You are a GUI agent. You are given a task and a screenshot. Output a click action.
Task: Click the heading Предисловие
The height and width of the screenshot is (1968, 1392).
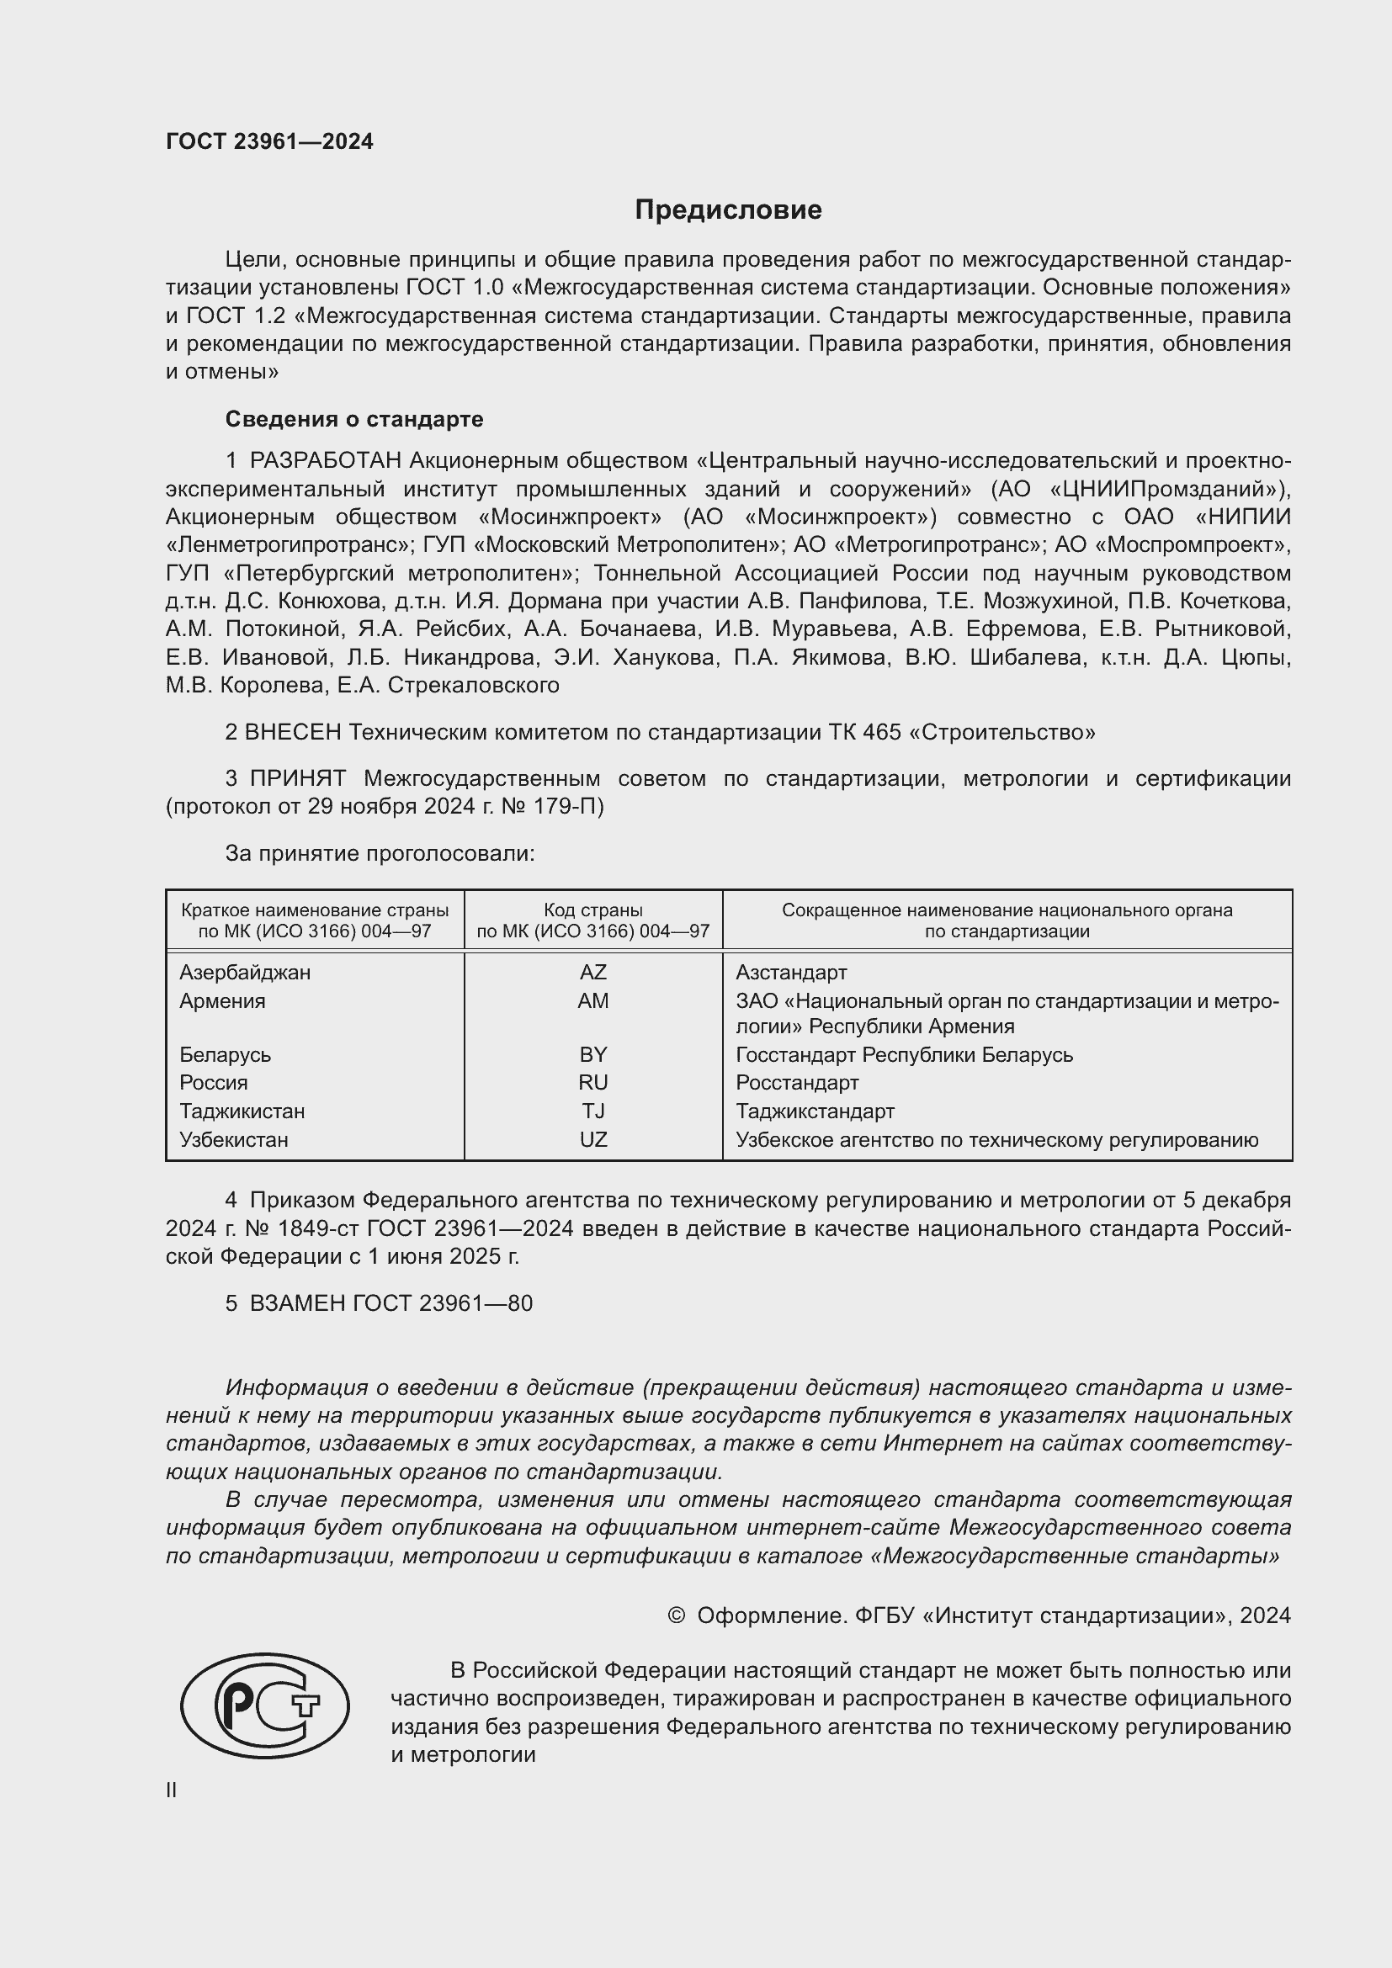tap(728, 210)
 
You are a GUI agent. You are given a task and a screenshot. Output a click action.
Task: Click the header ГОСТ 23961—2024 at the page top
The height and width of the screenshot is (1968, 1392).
tap(269, 141)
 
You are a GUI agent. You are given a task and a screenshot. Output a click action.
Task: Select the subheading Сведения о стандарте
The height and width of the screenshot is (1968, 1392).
tap(354, 419)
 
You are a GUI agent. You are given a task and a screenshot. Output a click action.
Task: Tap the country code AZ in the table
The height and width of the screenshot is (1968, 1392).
tap(593, 972)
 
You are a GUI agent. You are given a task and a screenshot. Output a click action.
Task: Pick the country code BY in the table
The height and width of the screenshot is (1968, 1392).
tap(593, 1054)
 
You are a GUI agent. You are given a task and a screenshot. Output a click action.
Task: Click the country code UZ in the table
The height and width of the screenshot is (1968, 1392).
tap(593, 1139)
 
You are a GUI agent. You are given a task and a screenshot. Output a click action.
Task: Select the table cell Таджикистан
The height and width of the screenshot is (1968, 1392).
tap(242, 1111)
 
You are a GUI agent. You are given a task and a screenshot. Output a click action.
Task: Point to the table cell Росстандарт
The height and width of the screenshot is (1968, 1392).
tap(797, 1083)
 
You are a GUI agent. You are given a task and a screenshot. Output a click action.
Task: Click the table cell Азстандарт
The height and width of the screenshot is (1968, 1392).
tap(791, 972)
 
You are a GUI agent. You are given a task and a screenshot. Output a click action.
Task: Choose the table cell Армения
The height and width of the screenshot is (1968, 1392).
tap(222, 1000)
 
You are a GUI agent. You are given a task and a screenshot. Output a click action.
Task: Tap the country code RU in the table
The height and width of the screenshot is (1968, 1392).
tap(593, 1083)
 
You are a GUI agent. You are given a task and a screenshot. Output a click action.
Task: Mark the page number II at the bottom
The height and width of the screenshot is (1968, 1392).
tap(172, 1790)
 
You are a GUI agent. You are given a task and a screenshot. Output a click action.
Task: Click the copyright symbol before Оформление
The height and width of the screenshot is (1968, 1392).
tap(676, 1615)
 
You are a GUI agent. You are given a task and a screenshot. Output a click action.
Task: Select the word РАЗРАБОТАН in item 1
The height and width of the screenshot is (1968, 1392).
tap(326, 461)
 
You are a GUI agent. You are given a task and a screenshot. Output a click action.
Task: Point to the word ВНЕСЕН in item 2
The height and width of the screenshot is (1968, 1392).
tap(293, 732)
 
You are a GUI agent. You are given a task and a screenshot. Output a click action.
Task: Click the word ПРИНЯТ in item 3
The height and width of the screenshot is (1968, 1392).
tap(298, 778)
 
